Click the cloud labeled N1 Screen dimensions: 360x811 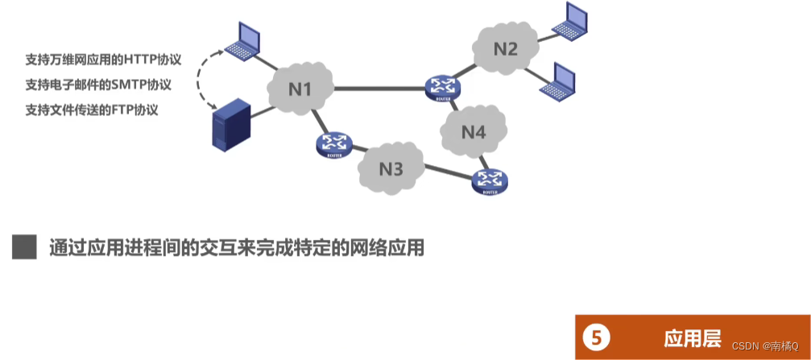pyautogui.click(x=299, y=89)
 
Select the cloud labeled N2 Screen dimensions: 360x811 pyautogui.click(x=505, y=48)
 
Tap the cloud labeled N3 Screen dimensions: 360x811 pyautogui.click(x=391, y=168)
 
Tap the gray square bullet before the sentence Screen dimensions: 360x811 pyautogui.click(x=25, y=247)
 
